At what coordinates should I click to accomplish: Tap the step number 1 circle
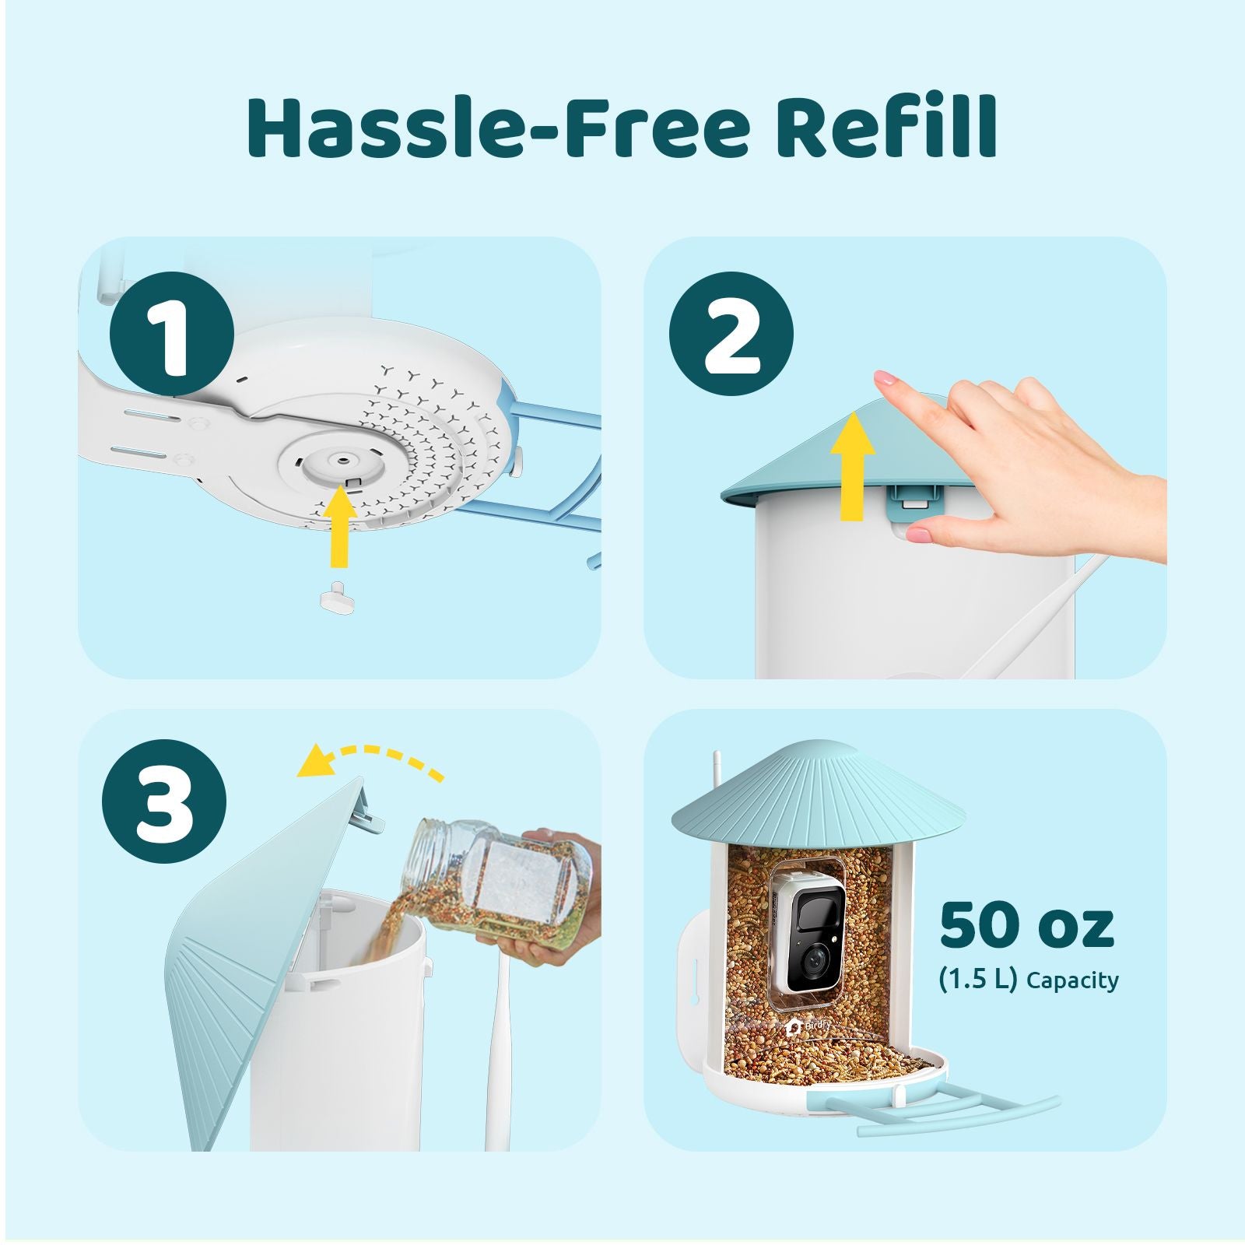(x=173, y=335)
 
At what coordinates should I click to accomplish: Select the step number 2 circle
(x=731, y=335)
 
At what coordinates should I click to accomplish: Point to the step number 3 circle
(x=165, y=804)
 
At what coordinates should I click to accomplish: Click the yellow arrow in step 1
(x=339, y=526)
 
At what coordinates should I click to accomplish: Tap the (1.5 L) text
(x=978, y=979)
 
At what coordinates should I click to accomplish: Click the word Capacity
(x=1073, y=980)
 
